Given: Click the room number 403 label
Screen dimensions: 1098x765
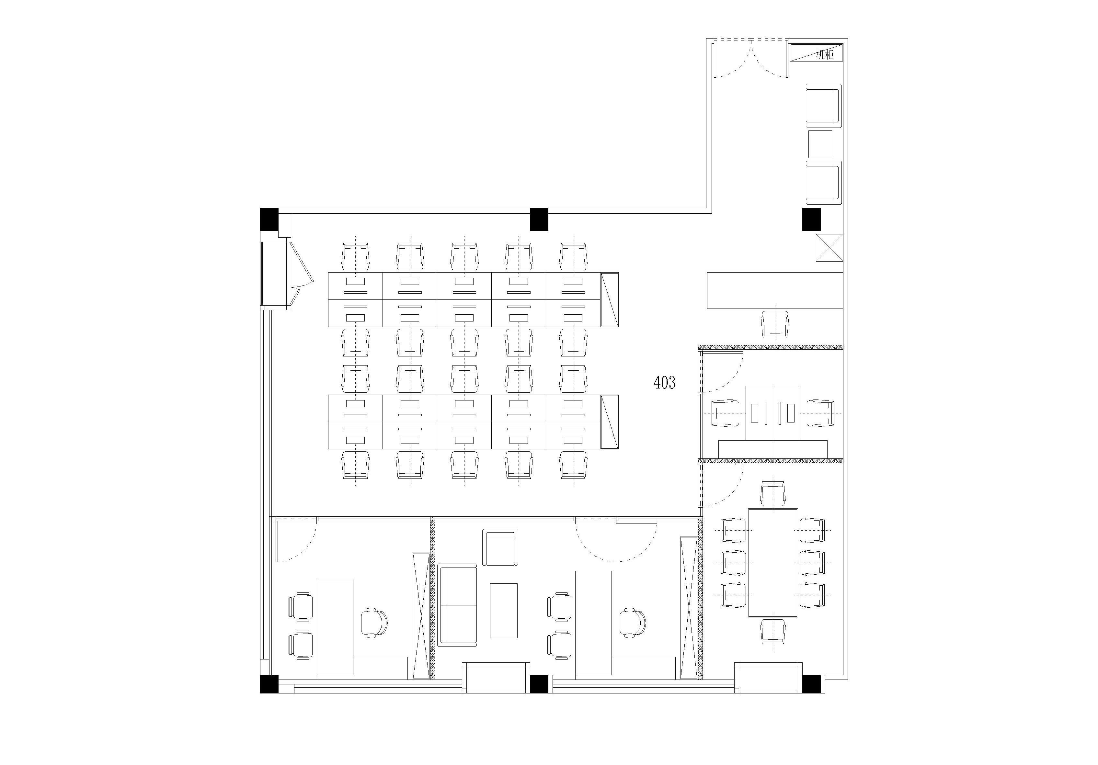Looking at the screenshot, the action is pos(664,383).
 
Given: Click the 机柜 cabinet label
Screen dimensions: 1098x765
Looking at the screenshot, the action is pos(824,55).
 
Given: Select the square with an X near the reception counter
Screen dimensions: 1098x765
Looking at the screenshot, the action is pos(829,248).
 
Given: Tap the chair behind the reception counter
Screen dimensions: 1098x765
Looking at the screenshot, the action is pos(775,324).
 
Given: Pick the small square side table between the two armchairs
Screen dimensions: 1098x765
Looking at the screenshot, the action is pos(820,144).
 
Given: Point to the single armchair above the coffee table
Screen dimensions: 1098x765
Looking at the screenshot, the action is pos(500,547).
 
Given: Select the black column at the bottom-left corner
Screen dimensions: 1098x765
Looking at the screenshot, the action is pos(269,684).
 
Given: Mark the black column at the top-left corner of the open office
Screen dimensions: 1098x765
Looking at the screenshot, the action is pos(269,219).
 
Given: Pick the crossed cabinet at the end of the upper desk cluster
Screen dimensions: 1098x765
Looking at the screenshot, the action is pos(609,299).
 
